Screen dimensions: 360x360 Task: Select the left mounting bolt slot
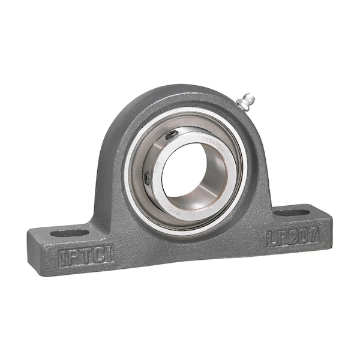click(69, 232)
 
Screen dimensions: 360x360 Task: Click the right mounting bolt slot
click(292, 212)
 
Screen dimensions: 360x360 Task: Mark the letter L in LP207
click(272, 239)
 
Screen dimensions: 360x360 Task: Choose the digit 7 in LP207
click(313, 232)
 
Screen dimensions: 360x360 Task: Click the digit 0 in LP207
click(299, 235)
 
